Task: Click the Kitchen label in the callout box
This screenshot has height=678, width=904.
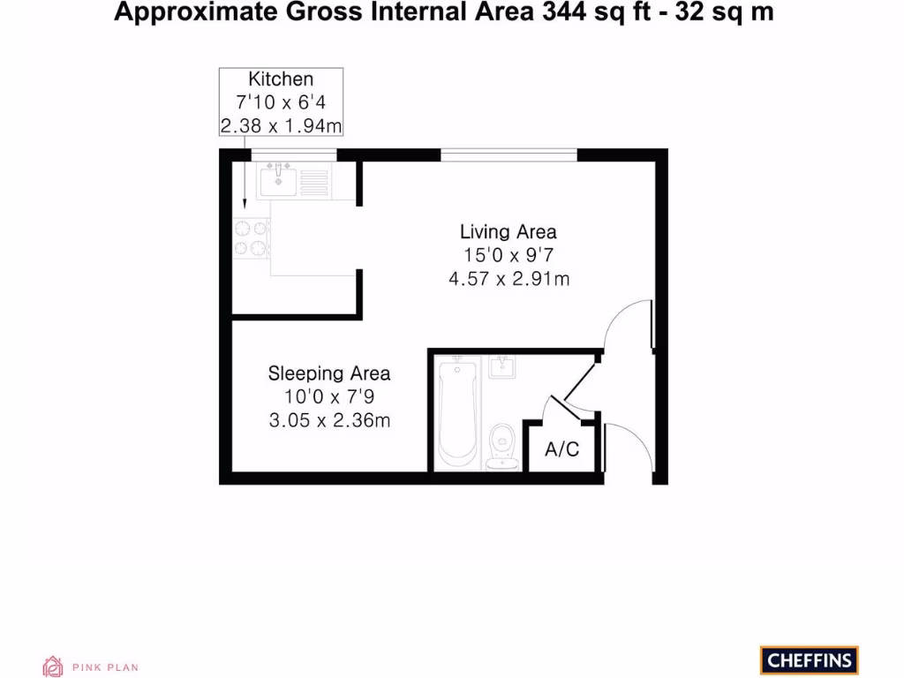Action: pyautogui.click(x=281, y=79)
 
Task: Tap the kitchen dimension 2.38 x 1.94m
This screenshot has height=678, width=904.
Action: pyautogui.click(x=281, y=126)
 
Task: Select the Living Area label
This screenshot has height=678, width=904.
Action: pyautogui.click(x=508, y=232)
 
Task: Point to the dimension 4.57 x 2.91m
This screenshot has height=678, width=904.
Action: pyautogui.click(x=508, y=280)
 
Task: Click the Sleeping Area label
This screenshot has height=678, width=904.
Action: pyautogui.click(x=329, y=373)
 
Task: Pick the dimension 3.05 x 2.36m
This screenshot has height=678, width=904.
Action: pyautogui.click(x=329, y=421)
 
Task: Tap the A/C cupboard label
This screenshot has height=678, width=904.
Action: pyautogui.click(x=561, y=450)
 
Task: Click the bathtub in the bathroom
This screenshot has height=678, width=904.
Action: pyautogui.click(x=457, y=411)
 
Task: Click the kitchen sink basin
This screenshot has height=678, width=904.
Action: pyautogui.click(x=278, y=181)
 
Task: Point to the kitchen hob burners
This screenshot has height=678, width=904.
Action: pyautogui.click(x=251, y=237)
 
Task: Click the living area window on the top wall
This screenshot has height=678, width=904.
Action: pyautogui.click(x=508, y=154)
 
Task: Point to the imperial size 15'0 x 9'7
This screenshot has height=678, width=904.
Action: pyautogui.click(x=508, y=256)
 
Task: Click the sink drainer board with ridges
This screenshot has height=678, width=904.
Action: pyautogui.click(x=313, y=182)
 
